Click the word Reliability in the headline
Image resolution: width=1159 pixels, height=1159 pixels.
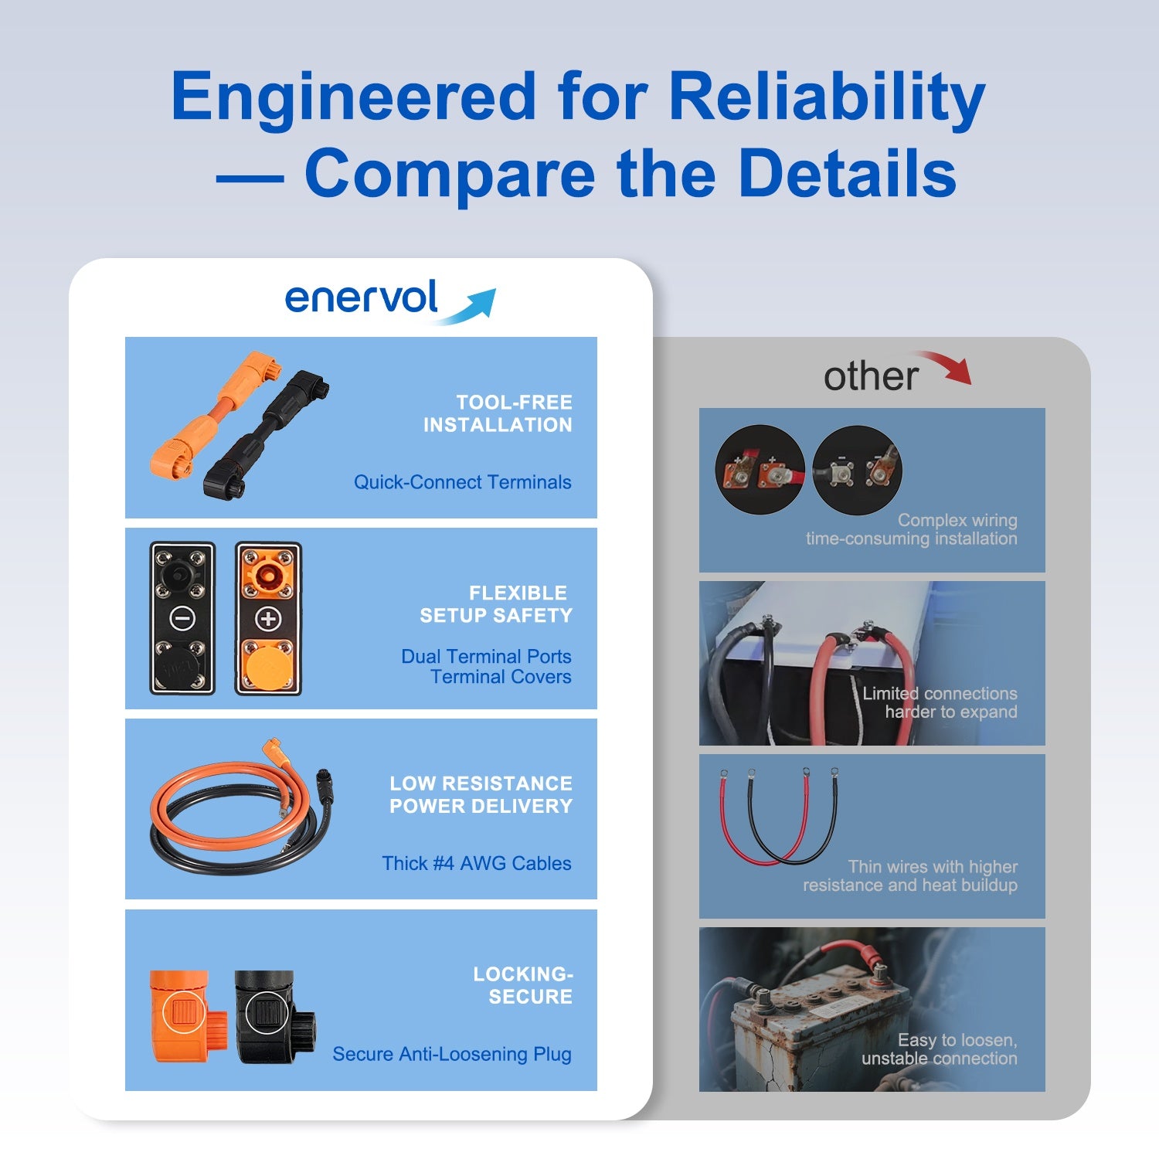click(x=827, y=98)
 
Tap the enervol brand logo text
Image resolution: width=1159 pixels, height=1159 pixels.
click(x=362, y=297)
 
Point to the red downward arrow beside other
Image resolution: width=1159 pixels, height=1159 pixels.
click(x=947, y=366)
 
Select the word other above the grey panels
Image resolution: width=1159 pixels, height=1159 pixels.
click(x=871, y=376)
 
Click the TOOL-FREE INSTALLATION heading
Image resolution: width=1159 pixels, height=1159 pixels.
click(x=498, y=413)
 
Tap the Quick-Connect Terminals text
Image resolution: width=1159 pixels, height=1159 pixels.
click(x=463, y=482)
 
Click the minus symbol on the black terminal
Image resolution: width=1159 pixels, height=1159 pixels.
click(x=182, y=618)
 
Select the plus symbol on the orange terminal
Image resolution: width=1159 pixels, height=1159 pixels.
click(x=268, y=618)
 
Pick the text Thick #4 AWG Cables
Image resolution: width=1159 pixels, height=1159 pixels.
click(x=477, y=863)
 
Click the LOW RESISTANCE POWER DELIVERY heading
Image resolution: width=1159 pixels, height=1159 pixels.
click(x=481, y=794)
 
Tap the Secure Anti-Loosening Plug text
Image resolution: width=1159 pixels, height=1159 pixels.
click(x=452, y=1054)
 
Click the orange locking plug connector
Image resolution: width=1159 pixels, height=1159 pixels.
click(x=180, y=1015)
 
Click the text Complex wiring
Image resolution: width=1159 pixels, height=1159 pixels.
click(x=957, y=520)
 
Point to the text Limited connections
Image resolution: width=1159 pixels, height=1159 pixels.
click(x=940, y=693)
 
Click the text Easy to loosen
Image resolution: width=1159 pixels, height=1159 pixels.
click(x=957, y=1040)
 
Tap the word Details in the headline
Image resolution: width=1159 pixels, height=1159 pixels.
click(x=848, y=173)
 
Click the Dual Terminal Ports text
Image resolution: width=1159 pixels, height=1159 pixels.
click(x=486, y=656)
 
